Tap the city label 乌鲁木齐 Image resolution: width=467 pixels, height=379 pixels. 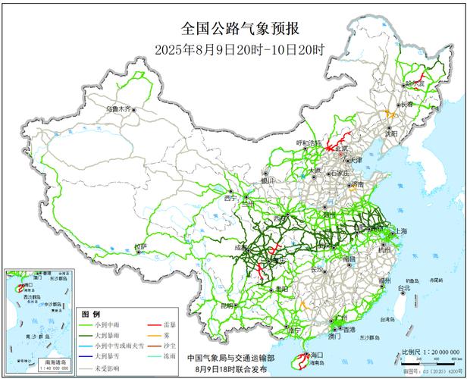(x=118, y=109)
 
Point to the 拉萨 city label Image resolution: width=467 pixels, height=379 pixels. (x=140, y=246)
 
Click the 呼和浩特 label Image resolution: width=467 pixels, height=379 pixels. (x=309, y=143)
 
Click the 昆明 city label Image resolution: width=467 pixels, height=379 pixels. (x=227, y=305)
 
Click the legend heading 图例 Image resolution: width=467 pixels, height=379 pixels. (x=90, y=313)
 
